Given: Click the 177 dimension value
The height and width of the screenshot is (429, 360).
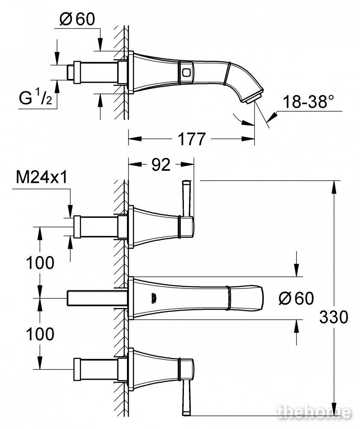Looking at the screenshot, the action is pos(192,139).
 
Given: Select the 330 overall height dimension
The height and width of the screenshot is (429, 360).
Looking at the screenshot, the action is pos(334,317).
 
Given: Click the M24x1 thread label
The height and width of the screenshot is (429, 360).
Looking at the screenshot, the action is pos(42,177).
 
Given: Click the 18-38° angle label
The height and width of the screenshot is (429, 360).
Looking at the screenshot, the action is pos(309,102).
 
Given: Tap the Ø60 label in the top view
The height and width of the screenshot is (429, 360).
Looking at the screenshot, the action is pos(77,19).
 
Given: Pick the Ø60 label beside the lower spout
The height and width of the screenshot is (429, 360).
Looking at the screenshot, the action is pos(296,298).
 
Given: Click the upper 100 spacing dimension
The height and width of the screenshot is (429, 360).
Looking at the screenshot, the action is pos(40,263).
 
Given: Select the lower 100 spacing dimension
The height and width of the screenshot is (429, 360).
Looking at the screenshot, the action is pos(40,334).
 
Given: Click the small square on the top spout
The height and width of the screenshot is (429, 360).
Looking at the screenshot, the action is pos(186,73).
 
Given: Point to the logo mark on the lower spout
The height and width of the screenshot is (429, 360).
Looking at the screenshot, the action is pos(153,298).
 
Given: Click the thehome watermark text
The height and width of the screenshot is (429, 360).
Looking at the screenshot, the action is pos(314,412).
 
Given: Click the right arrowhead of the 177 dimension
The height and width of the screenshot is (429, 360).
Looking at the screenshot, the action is pos(248,139).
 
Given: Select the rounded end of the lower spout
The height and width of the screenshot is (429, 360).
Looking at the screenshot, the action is pos(259,298).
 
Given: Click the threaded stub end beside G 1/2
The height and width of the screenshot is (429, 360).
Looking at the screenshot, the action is pos(70,72).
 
